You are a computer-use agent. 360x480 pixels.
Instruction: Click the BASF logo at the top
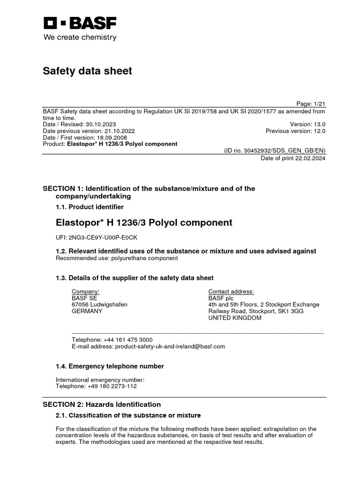click(x=80, y=23)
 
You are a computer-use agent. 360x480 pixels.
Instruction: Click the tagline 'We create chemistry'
click(x=80, y=37)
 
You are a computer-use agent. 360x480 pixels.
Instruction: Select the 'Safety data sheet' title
click(x=88, y=71)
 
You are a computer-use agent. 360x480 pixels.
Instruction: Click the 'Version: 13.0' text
click(x=307, y=124)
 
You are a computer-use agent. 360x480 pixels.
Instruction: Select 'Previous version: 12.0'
click(x=295, y=131)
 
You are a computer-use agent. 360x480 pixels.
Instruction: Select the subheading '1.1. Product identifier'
click(x=90, y=207)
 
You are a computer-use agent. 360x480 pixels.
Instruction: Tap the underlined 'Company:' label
click(x=85, y=291)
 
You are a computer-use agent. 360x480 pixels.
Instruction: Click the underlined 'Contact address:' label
click(x=231, y=291)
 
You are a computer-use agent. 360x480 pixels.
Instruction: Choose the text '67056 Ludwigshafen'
click(x=99, y=304)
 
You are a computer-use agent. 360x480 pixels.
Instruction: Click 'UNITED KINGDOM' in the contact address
click(x=235, y=317)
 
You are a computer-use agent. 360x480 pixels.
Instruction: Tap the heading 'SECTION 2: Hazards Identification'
click(x=102, y=405)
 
